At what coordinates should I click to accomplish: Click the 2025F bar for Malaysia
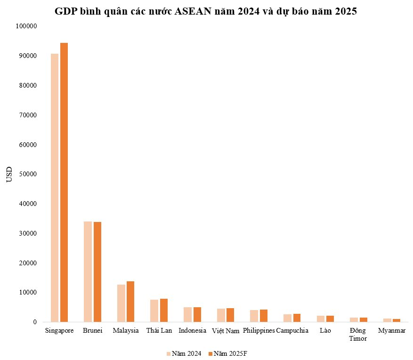point(130,302)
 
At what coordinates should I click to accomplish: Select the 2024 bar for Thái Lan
point(154,311)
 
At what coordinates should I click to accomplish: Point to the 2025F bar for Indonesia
point(197,315)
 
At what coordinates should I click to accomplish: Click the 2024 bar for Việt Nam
point(220,315)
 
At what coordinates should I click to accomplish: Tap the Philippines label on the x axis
point(259,331)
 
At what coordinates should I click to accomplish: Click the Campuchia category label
point(292,331)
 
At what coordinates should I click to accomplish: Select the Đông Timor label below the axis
point(358,335)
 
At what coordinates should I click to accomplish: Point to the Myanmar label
point(391,331)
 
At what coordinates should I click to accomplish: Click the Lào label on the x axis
point(325,331)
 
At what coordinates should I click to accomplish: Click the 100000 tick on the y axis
point(26,26)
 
